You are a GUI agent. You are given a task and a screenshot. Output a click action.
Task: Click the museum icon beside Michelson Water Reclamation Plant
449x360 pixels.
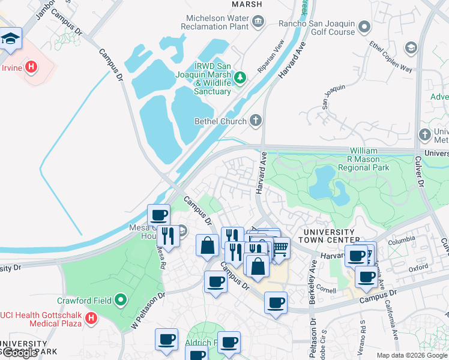pos(258,23)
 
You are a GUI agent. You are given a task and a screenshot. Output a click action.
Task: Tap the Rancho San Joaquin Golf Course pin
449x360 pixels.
pos(364,27)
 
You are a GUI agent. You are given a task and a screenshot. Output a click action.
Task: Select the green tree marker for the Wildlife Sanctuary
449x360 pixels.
pos(240,77)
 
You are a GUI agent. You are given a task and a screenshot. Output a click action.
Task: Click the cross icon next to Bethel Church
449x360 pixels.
pos(256,121)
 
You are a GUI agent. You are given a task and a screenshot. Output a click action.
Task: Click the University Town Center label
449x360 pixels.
pos(328,236)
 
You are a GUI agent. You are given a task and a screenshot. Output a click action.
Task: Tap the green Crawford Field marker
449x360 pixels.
pos(121,299)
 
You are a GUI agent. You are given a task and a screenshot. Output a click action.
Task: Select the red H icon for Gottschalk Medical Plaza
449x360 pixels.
pos(91,317)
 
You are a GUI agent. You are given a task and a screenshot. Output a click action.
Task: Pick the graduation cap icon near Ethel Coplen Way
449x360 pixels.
pos(411,48)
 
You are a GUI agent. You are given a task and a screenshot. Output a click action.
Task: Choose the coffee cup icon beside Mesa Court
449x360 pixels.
pos(158,215)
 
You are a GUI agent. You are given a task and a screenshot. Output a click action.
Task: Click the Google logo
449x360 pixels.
pos(19,353)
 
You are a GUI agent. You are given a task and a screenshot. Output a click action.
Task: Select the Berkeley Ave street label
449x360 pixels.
pos(313,274)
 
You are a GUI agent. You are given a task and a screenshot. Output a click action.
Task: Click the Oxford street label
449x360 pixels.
pos(418,269)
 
